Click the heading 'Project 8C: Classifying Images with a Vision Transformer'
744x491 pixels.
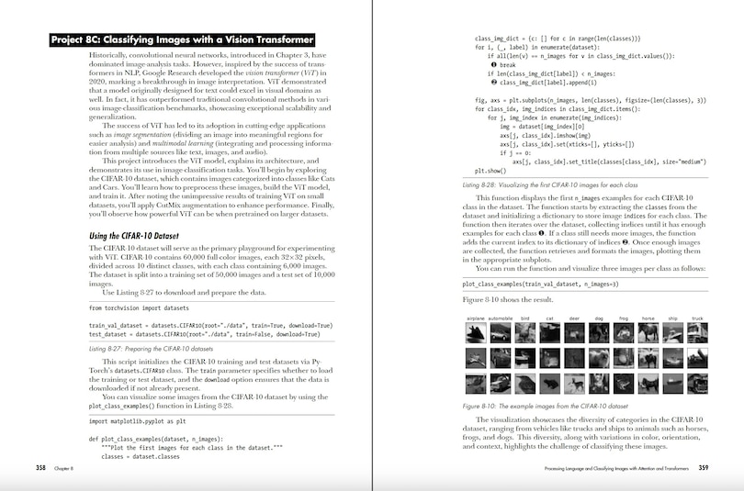coord(183,39)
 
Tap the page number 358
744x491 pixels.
coord(41,469)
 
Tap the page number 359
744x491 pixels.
coord(703,469)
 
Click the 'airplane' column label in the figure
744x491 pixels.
coord(476,318)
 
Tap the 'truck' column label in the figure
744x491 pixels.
coord(697,318)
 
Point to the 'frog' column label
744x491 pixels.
coord(625,318)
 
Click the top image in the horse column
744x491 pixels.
coord(648,332)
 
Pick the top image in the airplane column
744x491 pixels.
coord(476,332)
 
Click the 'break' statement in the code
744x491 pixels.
coord(507,65)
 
